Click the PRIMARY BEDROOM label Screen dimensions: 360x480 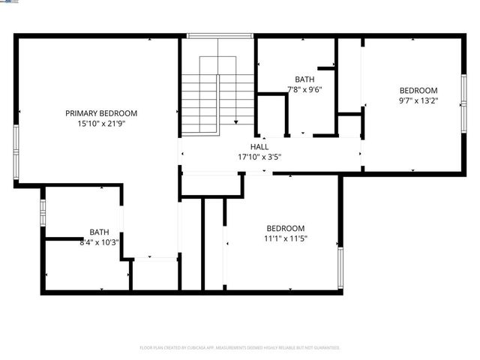coord(100,113)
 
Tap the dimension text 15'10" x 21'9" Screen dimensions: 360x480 coord(100,124)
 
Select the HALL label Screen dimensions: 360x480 coord(259,148)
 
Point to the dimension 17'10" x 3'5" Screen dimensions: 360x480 coord(259,158)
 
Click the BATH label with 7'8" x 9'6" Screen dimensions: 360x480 coord(304,79)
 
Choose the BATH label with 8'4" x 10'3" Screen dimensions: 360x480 coord(99,232)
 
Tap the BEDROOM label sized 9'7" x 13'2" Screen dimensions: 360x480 coord(418,90)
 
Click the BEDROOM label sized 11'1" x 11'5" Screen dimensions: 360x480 coord(286,229)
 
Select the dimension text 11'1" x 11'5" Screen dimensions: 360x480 coord(286,239)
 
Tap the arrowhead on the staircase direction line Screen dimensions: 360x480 coord(235,122)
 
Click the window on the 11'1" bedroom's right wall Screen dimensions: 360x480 coord(340,268)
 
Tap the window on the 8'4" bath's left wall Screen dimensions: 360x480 coord(43,212)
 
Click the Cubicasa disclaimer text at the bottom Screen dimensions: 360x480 coord(240,348)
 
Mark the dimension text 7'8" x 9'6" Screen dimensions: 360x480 coord(304,89)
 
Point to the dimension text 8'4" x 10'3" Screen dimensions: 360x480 coord(99,242)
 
